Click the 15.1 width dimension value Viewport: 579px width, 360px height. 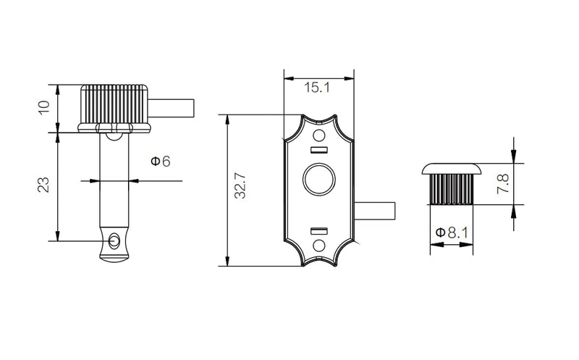tap(317, 88)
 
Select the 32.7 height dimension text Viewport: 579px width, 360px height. tap(240, 186)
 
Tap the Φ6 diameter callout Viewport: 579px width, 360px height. tap(161, 161)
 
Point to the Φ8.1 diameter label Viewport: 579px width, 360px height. tap(452, 233)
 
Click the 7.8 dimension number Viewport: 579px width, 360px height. tap(503, 183)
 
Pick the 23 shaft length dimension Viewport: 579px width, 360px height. tap(43, 185)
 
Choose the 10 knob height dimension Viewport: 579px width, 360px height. tap(43, 107)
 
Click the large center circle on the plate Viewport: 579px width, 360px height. tap(319, 180)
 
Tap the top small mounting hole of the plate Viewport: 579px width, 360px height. tap(319, 135)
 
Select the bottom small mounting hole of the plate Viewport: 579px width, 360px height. tap(319, 246)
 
